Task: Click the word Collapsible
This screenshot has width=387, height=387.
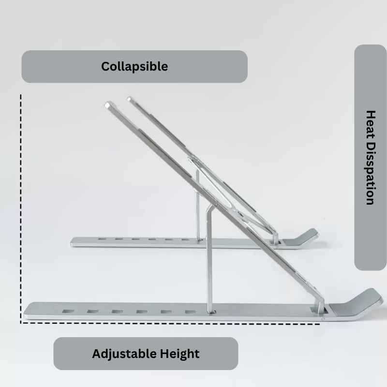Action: (134, 67)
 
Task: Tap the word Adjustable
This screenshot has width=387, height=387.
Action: (124, 354)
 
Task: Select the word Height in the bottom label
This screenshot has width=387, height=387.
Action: (179, 354)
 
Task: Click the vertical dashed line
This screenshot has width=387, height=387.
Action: (21, 208)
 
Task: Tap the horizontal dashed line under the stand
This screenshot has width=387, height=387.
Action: (170, 323)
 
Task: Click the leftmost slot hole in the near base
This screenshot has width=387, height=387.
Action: (68, 311)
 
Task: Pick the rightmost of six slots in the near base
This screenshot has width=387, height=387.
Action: (190, 312)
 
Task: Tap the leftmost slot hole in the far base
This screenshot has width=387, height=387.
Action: (102, 239)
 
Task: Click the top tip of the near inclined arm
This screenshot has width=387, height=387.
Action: (107, 104)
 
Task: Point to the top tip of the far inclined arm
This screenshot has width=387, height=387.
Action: (130, 99)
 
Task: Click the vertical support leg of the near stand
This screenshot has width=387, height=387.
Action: (210, 259)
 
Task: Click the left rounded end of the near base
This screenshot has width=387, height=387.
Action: (26, 311)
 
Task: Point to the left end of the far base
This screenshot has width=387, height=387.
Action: (72, 242)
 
